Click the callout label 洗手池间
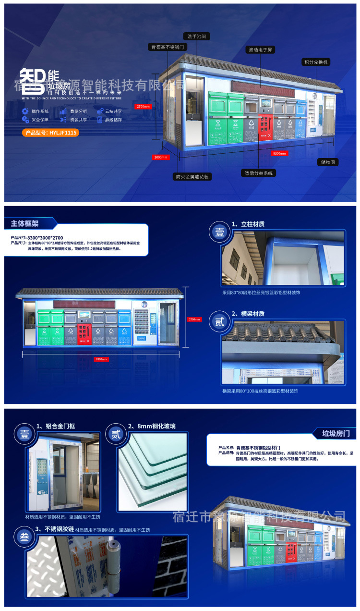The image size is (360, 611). coord(197,36)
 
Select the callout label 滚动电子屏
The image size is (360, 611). coord(261,49)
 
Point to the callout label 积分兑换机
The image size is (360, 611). coord(316,62)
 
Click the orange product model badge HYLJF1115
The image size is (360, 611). coord(50,133)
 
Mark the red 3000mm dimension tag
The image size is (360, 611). coord(161,157)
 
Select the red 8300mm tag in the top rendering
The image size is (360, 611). coord(279,154)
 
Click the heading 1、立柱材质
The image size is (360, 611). coord(248,224)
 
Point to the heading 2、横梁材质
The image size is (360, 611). coord(248,314)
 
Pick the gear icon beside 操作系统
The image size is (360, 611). coord(25,111)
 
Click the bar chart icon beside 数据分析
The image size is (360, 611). coord(63,111)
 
